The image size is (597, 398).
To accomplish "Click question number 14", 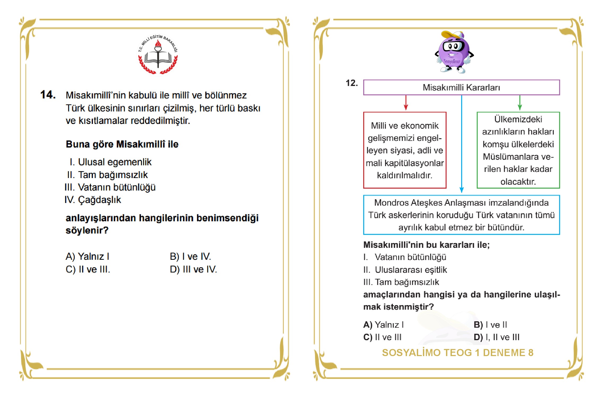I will pyautogui.click(x=48, y=95).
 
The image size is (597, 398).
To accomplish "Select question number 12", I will pyautogui.click(x=352, y=83).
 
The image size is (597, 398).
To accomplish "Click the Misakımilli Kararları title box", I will pyautogui.click(x=461, y=87).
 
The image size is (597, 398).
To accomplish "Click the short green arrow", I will pyautogui.click(x=520, y=103).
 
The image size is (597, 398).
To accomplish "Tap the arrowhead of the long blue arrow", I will pyautogui.click(x=462, y=190).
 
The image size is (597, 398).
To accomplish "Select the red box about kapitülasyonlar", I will pyautogui.click(x=405, y=150).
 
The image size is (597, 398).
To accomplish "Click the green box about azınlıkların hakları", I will pyautogui.click(x=518, y=150).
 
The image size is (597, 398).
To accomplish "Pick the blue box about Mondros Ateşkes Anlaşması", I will pyautogui.click(x=461, y=215).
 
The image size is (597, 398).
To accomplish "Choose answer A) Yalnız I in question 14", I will pyautogui.click(x=87, y=257).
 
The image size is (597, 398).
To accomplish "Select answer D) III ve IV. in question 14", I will pyautogui.click(x=193, y=269).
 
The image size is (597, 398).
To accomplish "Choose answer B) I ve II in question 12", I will pyautogui.click(x=490, y=325).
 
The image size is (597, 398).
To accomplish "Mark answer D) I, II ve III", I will pyautogui.click(x=496, y=337).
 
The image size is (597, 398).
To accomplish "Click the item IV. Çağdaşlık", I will pyautogui.click(x=93, y=200).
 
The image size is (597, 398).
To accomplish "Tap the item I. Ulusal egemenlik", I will pyautogui.click(x=111, y=162).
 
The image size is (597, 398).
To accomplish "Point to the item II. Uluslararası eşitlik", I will pyautogui.click(x=405, y=270).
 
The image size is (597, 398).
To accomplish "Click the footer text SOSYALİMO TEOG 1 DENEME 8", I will pyautogui.click(x=457, y=353).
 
